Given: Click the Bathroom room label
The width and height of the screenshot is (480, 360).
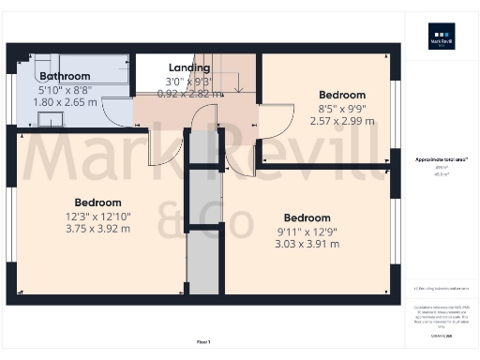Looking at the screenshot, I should point(65,76).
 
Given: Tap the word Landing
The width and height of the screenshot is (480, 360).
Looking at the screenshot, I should point(189,68).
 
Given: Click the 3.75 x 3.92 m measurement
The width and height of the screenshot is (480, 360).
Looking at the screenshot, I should point(97,230).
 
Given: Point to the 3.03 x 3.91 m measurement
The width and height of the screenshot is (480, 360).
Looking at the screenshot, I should point(307,244).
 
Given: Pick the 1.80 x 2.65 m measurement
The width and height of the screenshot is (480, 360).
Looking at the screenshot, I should point(65,102).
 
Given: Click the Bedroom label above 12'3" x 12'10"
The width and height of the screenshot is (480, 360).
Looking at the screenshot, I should point(97,202).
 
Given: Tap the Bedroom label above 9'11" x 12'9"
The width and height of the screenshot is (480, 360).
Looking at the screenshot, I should point(307,217).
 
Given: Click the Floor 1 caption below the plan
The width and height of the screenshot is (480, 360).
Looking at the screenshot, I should point(203,341).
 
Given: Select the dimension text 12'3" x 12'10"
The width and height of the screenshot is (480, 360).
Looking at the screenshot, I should point(97,217).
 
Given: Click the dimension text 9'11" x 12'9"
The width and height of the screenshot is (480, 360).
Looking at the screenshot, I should point(307,231).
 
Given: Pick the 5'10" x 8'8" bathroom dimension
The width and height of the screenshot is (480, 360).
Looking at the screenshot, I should point(65,89).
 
